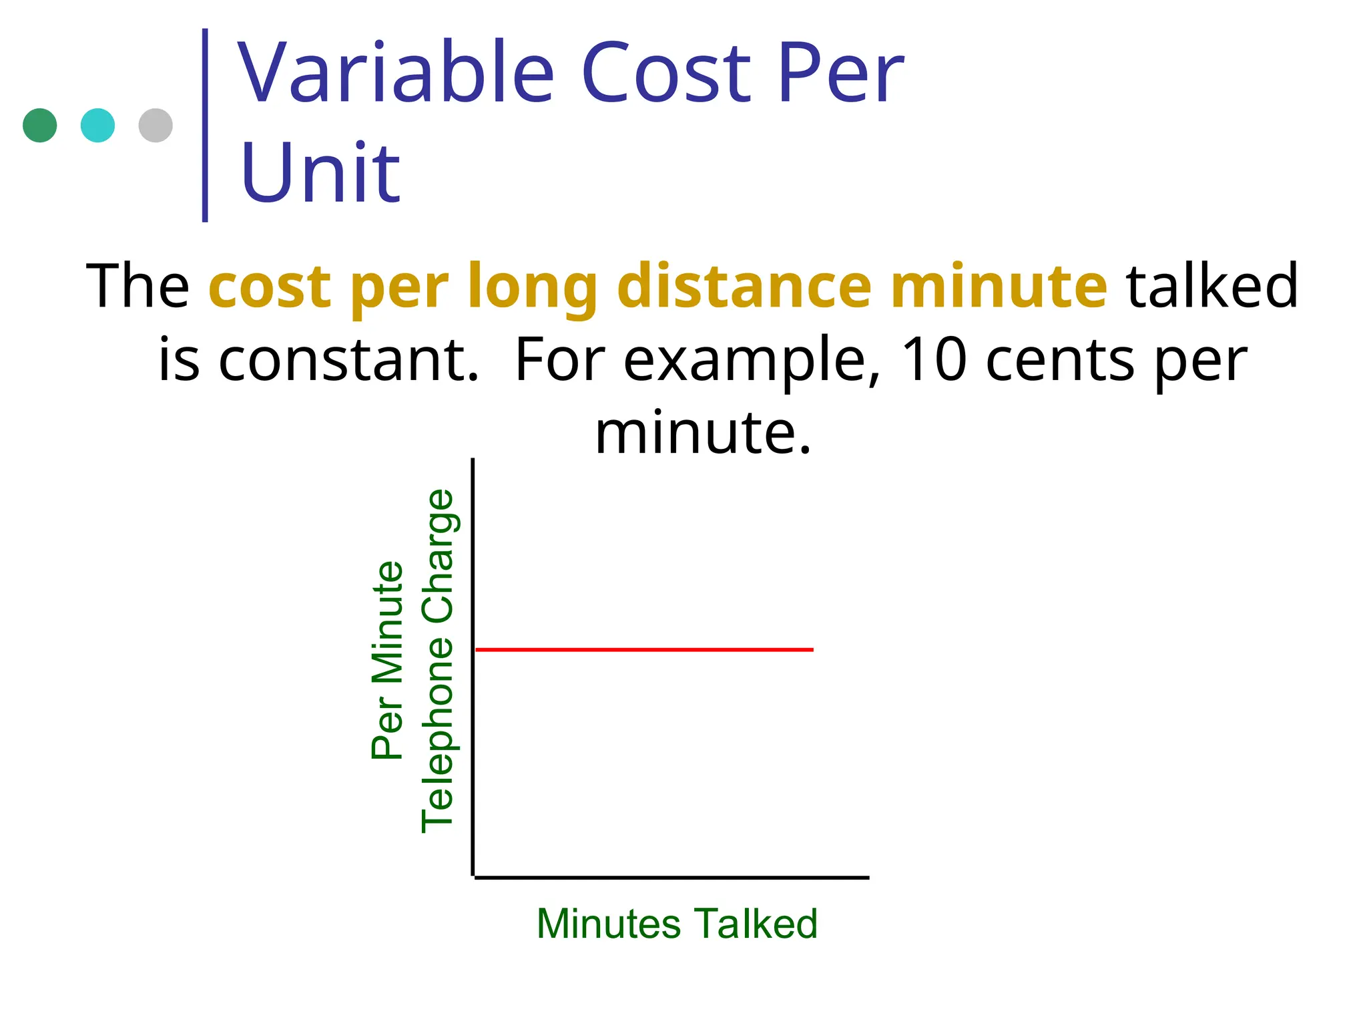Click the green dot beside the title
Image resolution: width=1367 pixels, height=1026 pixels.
point(39,126)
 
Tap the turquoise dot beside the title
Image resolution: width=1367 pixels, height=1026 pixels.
point(97,126)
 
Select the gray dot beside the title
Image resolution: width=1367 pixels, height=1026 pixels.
point(156,126)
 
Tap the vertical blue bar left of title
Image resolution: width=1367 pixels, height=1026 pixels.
point(205,125)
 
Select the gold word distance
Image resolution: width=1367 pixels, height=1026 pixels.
point(744,286)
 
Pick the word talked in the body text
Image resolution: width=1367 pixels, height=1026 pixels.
point(1211,286)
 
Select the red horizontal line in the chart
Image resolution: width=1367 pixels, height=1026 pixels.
point(644,649)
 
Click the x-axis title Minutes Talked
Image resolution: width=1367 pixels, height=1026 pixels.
point(677,924)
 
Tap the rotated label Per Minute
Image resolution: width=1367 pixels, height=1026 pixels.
point(388,660)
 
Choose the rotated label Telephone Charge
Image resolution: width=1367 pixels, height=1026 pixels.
point(438,660)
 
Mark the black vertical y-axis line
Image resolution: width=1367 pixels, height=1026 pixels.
point(473,668)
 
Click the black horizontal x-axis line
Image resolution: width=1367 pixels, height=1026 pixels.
point(671,878)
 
